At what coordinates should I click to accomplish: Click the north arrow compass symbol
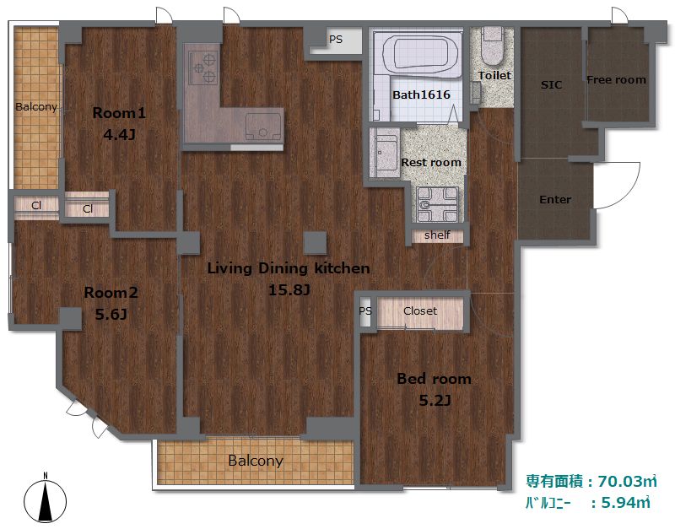[45, 500]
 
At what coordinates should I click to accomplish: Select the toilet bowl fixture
[493, 46]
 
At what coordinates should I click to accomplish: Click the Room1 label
[119, 113]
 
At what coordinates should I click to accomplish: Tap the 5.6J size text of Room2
[111, 315]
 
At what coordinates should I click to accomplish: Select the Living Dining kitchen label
[289, 268]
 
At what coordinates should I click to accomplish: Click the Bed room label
[434, 379]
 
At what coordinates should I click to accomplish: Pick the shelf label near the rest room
[437, 235]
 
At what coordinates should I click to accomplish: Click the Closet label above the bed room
[420, 310]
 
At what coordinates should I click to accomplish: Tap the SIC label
[551, 85]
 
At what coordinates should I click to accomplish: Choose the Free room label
[617, 80]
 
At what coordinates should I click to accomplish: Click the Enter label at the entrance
[555, 200]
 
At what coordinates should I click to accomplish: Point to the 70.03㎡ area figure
[628, 481]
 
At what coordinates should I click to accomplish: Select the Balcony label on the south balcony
[256, 461]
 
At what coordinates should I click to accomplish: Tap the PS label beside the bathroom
[336, 39]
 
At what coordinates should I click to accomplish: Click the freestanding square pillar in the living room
[315, 243]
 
